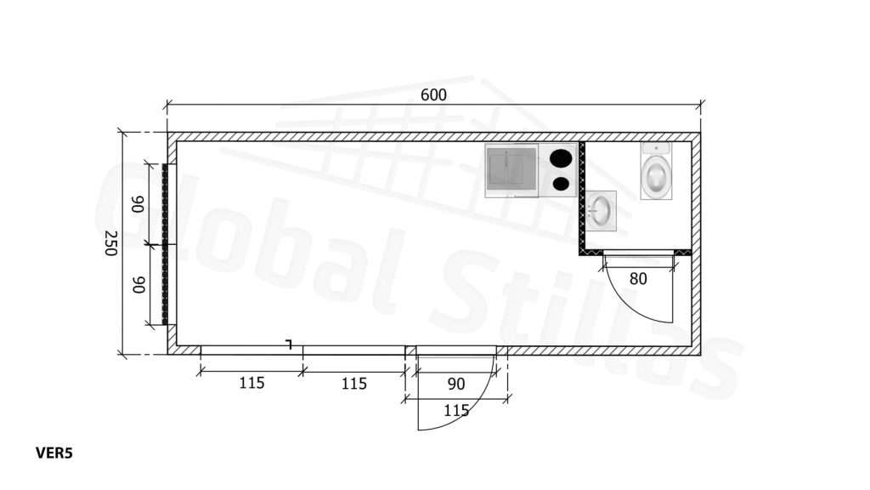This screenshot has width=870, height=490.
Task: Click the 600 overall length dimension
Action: [x=433, y=95]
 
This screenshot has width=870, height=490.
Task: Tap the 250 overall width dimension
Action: [x=111, y=243]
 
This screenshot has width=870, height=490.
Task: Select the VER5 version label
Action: [x=54, y=453]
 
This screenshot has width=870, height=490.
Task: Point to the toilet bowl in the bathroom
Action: [x=657, y=175]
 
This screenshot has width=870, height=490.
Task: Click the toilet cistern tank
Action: [x=657, y=148]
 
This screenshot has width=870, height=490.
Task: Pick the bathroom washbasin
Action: [x=601, y=211]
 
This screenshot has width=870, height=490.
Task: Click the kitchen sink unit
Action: [x=511, y=170]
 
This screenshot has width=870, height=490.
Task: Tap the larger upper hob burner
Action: [x=561, y=158]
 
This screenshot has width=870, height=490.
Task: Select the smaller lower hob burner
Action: [x=561, y=184]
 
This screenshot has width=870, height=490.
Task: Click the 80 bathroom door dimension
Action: [x=638, y=279]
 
